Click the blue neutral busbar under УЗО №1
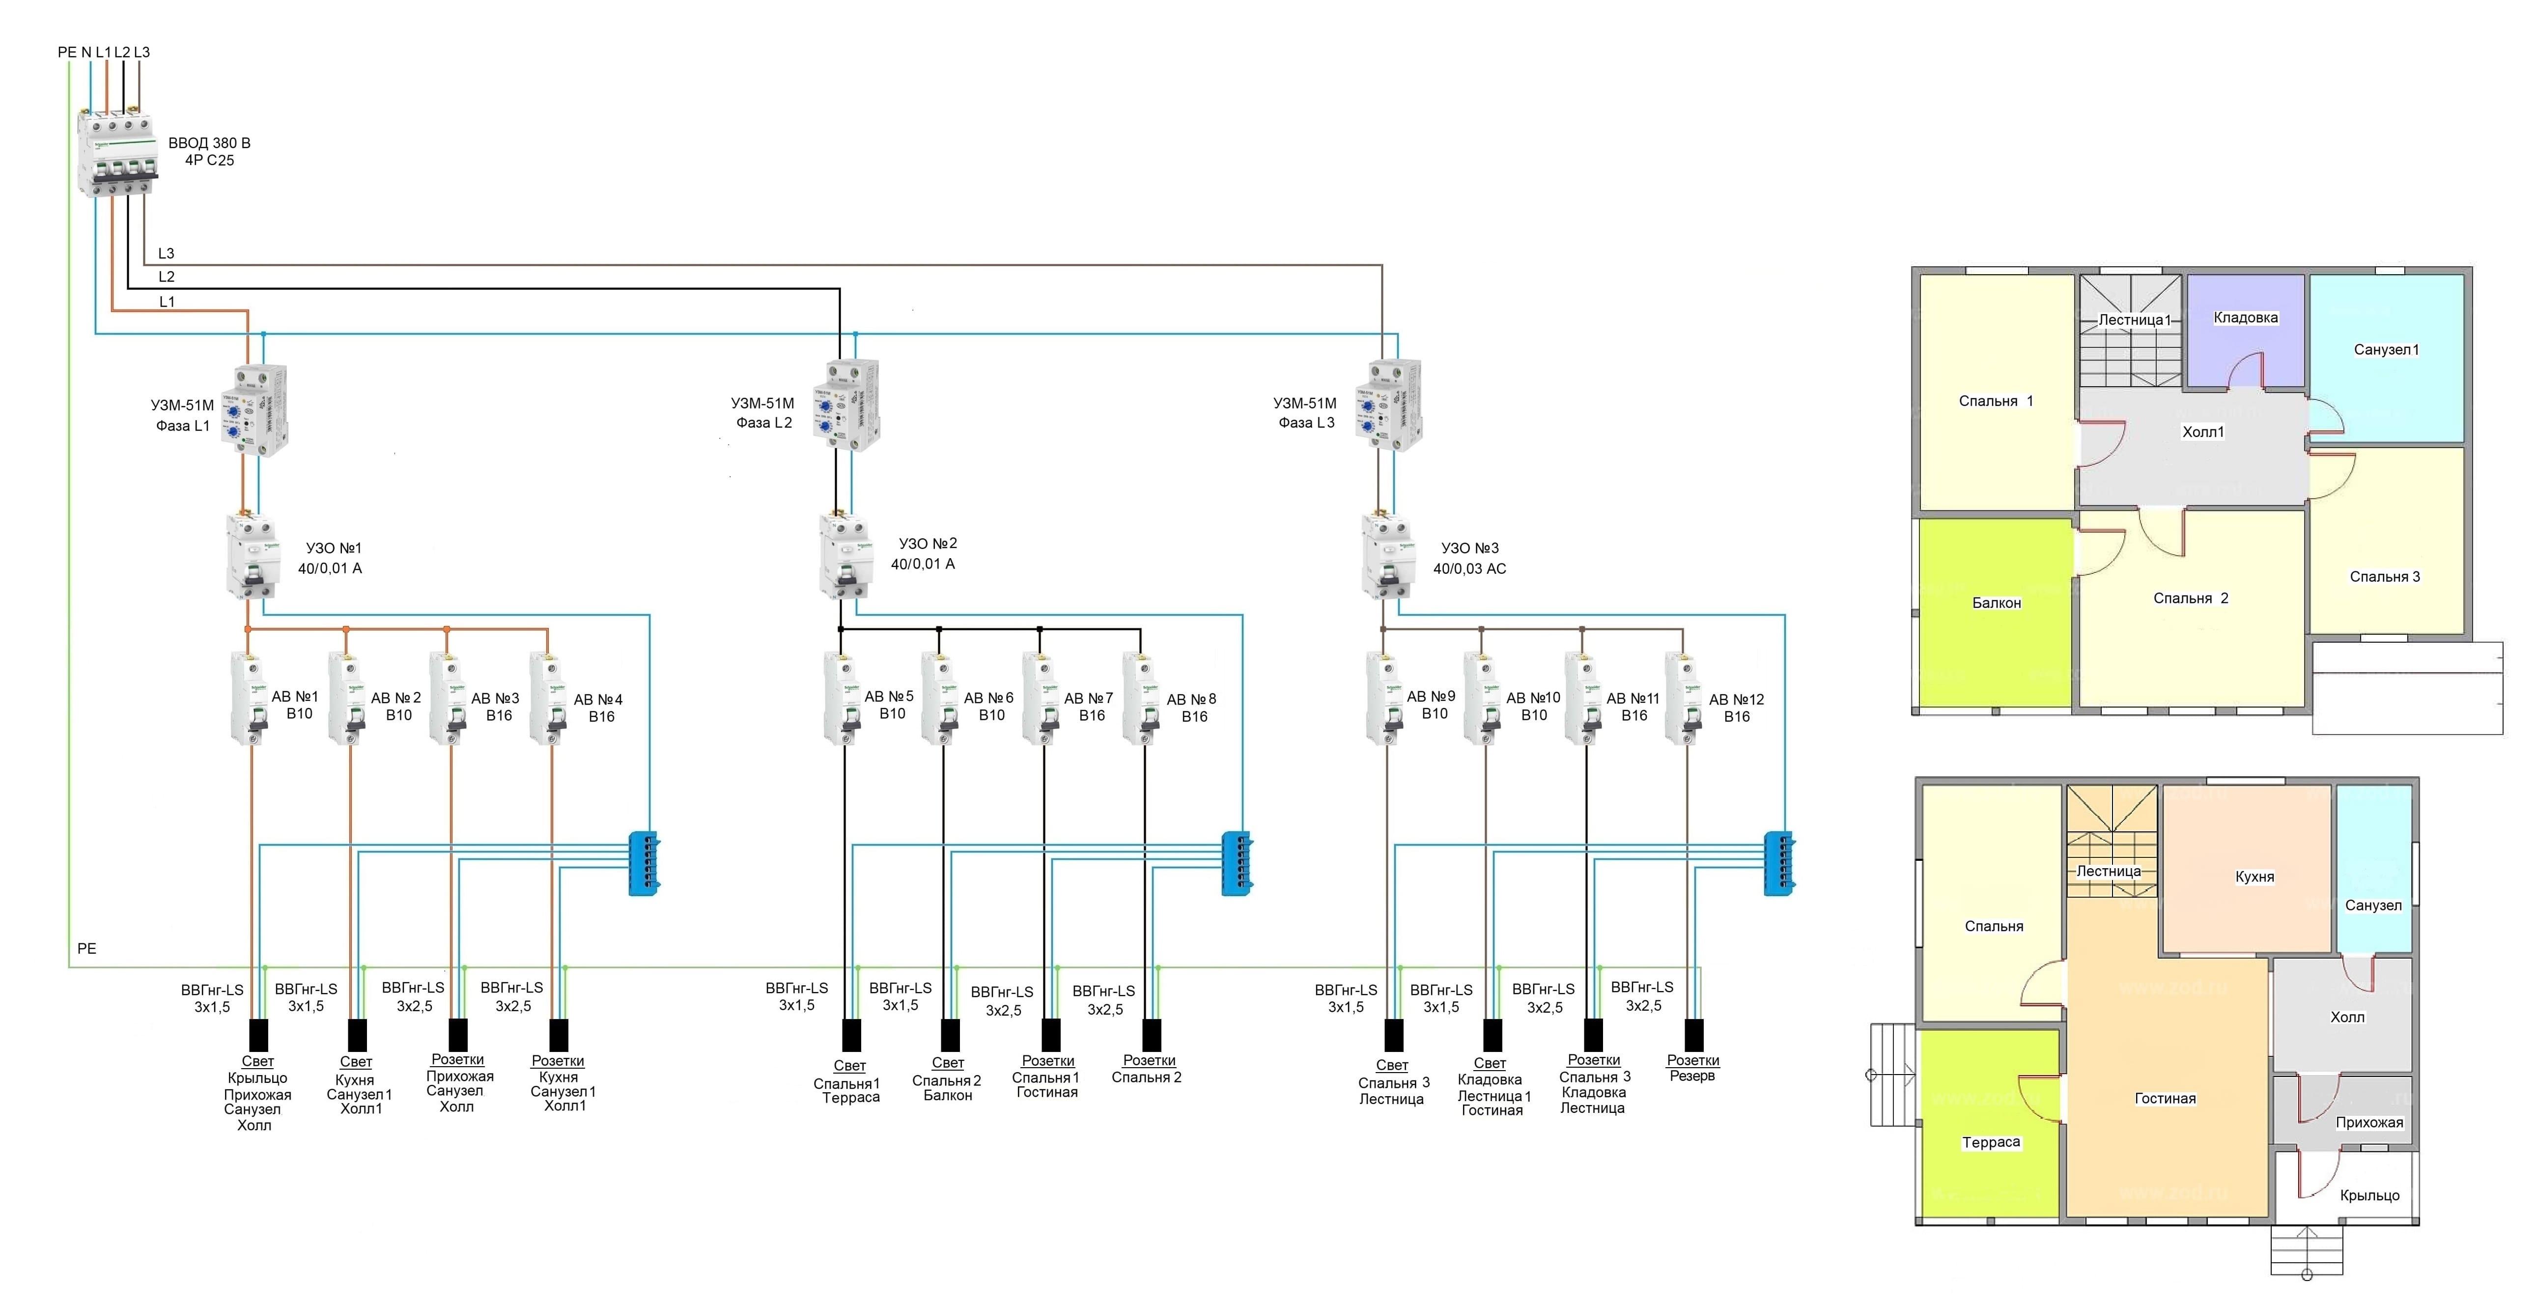tap(644, 863)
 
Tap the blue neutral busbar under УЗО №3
tap(1778, 863)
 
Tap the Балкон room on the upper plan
tap(1996, 610)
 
